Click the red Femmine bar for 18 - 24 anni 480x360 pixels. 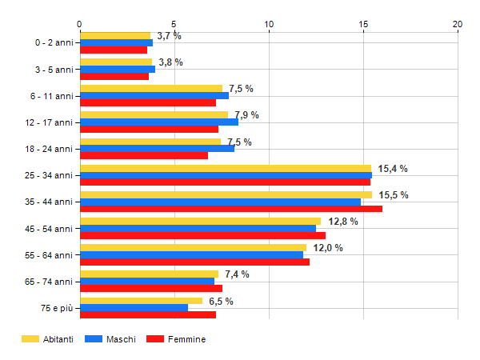click(x=144, y=155)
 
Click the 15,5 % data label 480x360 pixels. click(x=394, y=195)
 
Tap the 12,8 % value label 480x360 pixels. click(x=342, y=222)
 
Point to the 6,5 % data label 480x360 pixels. click(x=221, y=302)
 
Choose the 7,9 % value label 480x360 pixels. click(x=246, y=115)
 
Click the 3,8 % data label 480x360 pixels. click(x=170, y=62)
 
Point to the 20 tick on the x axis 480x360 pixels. click(x=458, y=24)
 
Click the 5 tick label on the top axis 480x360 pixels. click(x=174, y=24)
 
